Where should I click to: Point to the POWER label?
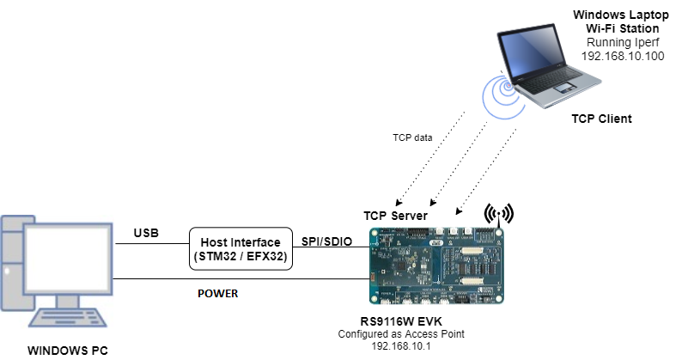(217, 293)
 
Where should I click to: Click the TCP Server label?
(394, 216)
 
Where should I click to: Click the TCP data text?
(412, 137)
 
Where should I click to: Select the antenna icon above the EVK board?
(497, 214)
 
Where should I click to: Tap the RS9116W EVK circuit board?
(438, 265)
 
